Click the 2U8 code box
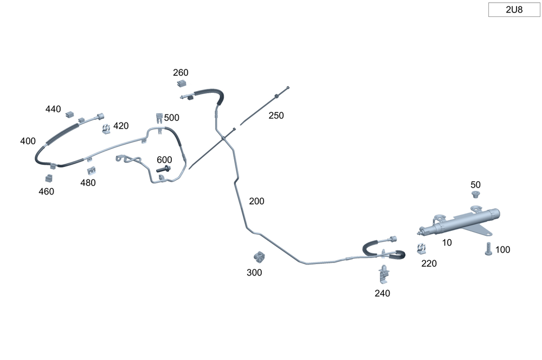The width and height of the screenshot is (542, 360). [x=514, y=10]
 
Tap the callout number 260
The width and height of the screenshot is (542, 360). [x=180, y=73]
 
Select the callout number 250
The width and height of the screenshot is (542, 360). [x=276, y=115]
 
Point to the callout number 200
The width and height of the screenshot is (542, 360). [x=256, y=201]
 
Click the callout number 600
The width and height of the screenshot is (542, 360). [x=164, y=160]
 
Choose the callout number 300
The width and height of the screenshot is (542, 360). [x=254, y=273]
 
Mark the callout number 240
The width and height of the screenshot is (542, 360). [x=382, y=293]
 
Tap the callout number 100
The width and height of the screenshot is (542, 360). [x=502, y=250]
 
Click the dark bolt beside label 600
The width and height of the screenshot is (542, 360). [x=164, y=170]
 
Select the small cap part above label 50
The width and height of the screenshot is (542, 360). [x=476, y=195]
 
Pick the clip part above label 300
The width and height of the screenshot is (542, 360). [x=259, y=255]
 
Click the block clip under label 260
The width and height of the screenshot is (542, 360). [x=181, y=84]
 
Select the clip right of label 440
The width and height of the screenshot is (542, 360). [x=69, y=115]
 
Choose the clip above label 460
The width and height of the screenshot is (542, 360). [x=49, y=177]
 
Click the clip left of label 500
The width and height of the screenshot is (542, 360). [x=159, y=118]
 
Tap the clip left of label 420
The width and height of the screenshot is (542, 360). [x=106, y=128]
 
